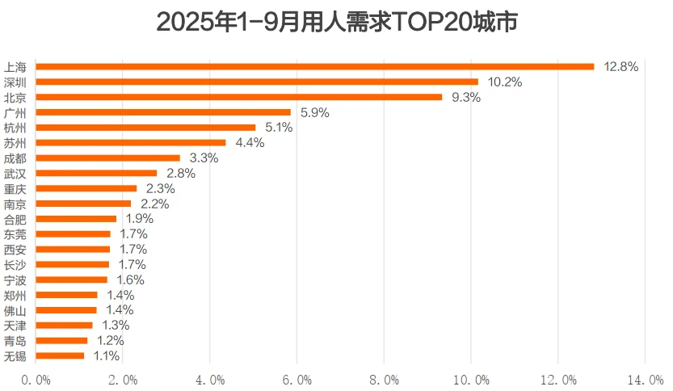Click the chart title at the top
coord(336,22)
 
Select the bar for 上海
coord(315,66)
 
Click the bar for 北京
coord(239,97)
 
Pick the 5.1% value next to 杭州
coord(279,128)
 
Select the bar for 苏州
coord(131,143)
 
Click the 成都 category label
coord(15,158)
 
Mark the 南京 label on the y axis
coord(15,204)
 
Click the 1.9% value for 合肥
coord(139,219)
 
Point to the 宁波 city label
coord(15,280)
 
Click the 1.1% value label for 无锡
coord(106,355)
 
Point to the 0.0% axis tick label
coord(36,379)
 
